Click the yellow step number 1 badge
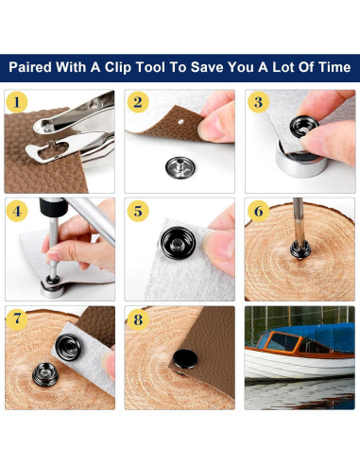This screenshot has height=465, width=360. (x=17, y=102)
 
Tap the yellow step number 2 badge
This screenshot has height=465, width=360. (x=138, y=102)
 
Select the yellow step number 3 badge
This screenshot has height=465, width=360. (x=258, y=102)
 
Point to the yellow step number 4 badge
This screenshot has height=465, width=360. (x=17, y=211)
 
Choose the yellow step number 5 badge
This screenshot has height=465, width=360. (x=138, y=211)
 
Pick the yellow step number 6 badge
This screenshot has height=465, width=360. (x=258, y=211)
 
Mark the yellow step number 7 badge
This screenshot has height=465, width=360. (x=17, y=319)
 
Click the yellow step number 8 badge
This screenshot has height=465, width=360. (x=138, y=319)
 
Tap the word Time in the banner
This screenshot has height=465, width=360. (x=334, y=67)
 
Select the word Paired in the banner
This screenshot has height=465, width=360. (x=30, y=67)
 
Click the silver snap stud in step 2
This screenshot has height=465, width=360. (x=180, y=167)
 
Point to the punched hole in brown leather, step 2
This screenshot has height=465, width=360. (x=180, y=121)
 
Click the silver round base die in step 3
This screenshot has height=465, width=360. (x=301, y=163)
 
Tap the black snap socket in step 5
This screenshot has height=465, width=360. (x=178, y=243)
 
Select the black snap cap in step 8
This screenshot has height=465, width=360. (x=185, y=359)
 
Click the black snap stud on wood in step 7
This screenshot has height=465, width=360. (x=45, y=374)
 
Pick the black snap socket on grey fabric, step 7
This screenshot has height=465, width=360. (x=68, y=347)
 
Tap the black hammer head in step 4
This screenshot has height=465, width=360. (x=53, y=207)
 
